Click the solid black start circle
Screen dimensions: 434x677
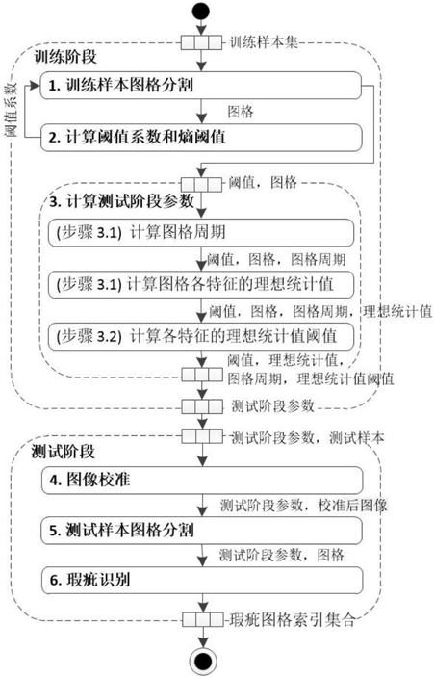pyautogui.click(x=201, y=11)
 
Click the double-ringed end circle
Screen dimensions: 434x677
pyautogui.click(x=202, y=661)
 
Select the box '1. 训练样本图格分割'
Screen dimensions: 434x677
pyautogui.click(x=200, y=85)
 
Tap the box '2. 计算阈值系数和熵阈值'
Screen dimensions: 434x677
pyautogui.click(x=200, y=138)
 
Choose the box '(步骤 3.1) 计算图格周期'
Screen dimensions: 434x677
pyautogui.click(x=201, y=233)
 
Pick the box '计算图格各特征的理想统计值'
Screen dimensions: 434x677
pyautogui.click(x=201, y=284)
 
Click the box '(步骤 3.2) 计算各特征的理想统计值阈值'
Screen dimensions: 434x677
pyautogui.click(x=201, y=336)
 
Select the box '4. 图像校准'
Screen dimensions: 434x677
pyautogui.click(x=202, y=481)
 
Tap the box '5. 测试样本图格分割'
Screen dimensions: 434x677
pyautogui.click(x=202, y=531)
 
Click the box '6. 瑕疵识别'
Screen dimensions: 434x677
pyautogui.click(x=202, y=580)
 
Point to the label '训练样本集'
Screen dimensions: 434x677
pyautogui.click(x=264, y=42)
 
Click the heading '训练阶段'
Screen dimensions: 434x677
pyautogui.click(x=65, y=57)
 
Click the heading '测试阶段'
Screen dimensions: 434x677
pyautogui.click(x=63, y=452)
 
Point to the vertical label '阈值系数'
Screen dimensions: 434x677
pyautogui.click(x=12, y=110)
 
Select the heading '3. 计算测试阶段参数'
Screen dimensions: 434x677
pyautogui.click(x=121, y=201)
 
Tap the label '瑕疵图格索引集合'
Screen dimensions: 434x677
pyautogui.click(x=293, y=620)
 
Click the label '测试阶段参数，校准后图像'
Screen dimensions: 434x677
pyautogui.click(x=303, y=506)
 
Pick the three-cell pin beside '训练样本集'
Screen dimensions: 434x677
pyautogui.click(x=201, y=42)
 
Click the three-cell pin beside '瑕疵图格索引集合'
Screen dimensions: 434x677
pyautogui.click(x=202, y=620)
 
